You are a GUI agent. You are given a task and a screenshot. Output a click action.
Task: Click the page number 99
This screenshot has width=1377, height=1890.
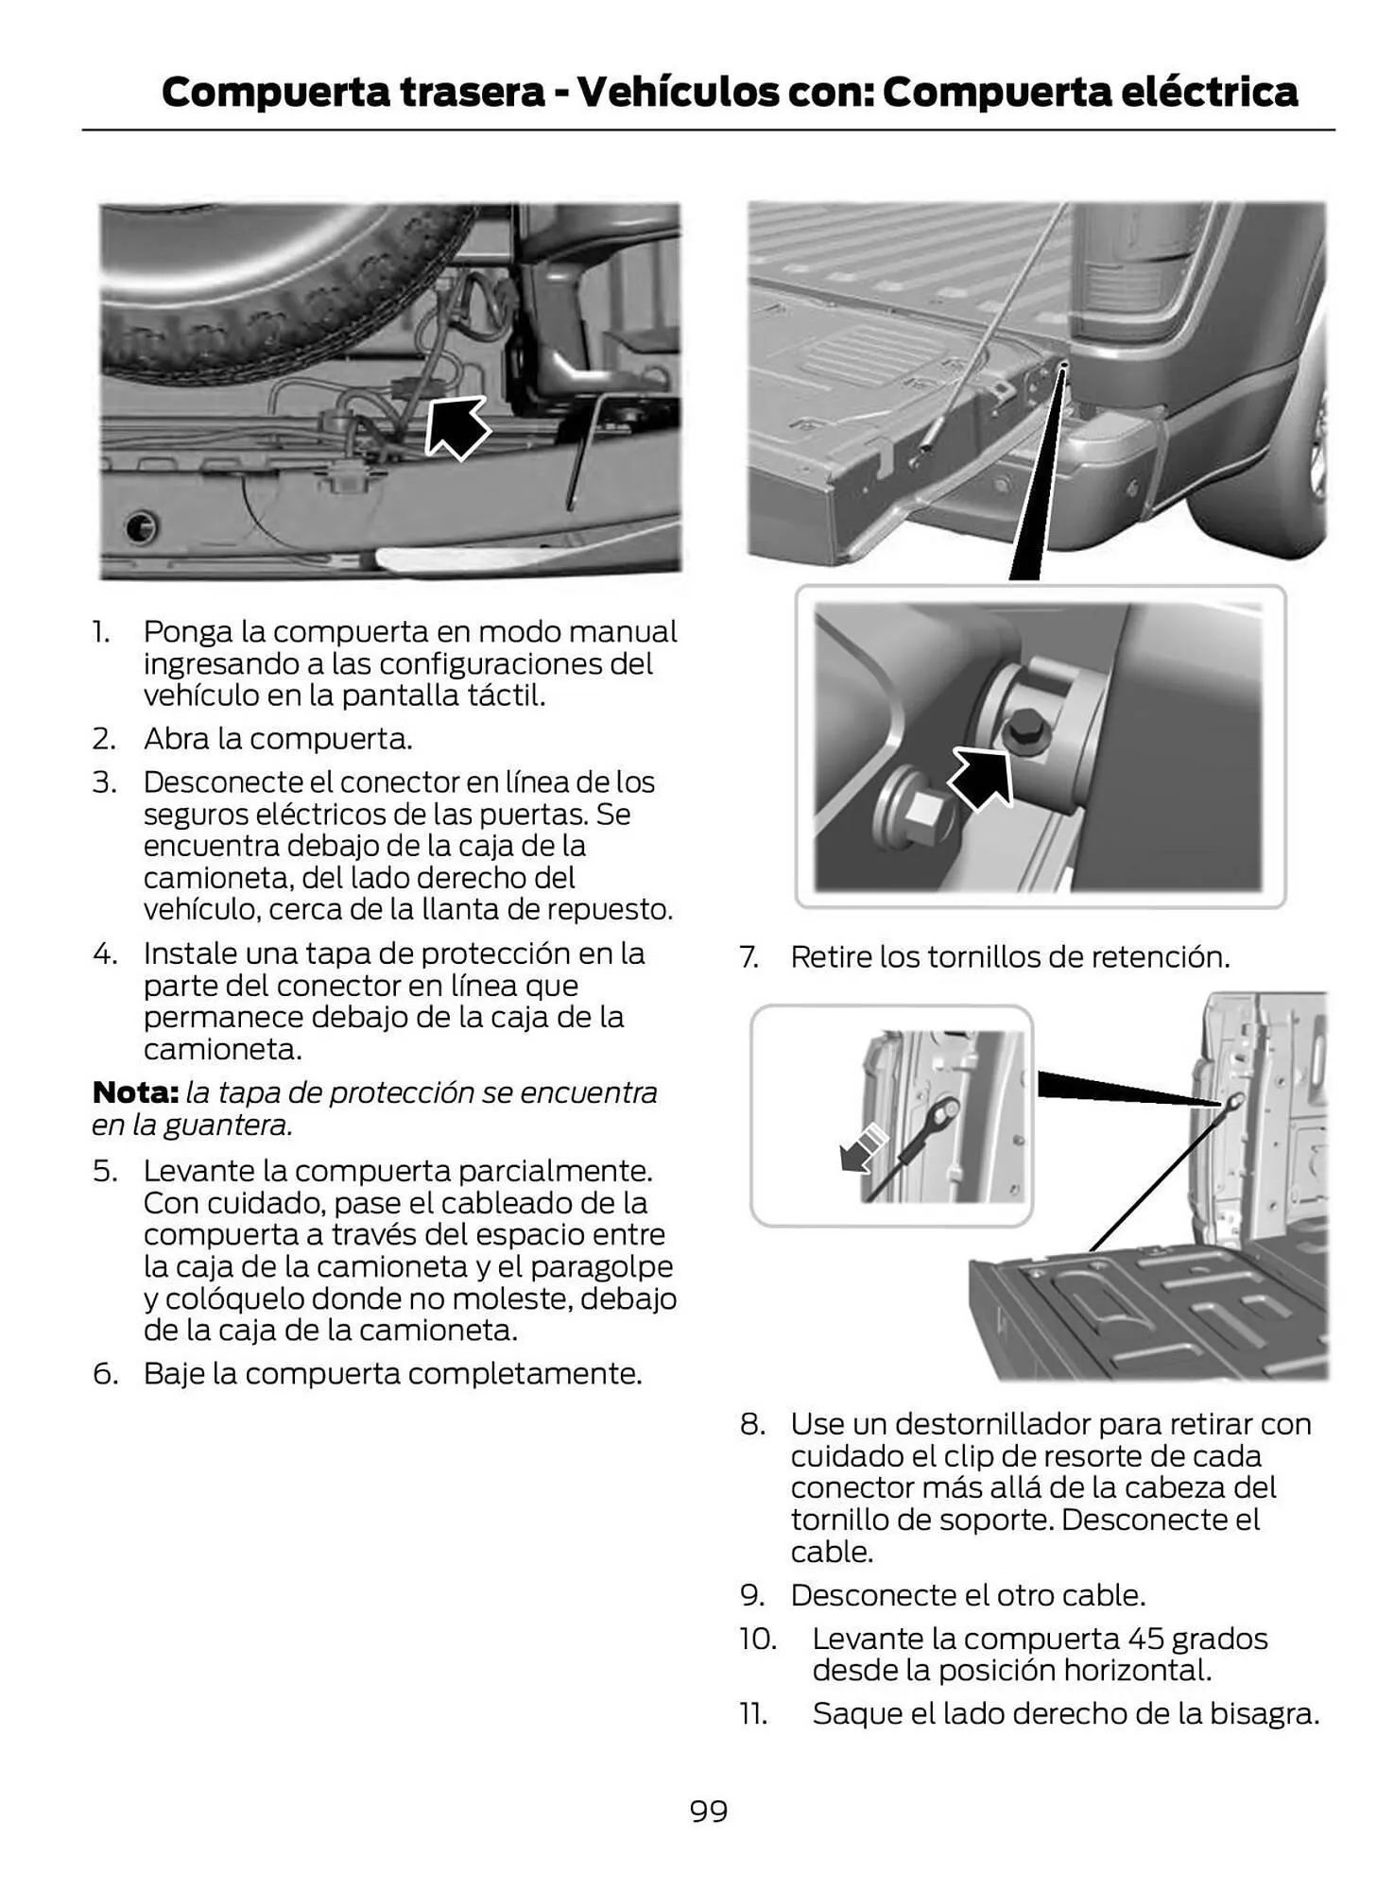(708, 1811)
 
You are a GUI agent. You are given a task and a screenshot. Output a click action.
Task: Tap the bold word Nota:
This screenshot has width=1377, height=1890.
(135, 1092)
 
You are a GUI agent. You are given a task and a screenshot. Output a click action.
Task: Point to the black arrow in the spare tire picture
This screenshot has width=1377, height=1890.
(456, 427)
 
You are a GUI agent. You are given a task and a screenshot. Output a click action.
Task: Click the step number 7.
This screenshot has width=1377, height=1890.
(748, 957)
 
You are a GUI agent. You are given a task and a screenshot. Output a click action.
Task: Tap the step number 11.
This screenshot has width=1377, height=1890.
(753, 1713)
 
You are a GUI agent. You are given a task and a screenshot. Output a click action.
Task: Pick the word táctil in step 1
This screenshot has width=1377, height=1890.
(506, 696)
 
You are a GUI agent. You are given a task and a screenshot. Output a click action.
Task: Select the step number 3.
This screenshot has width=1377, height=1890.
(104, 782)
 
